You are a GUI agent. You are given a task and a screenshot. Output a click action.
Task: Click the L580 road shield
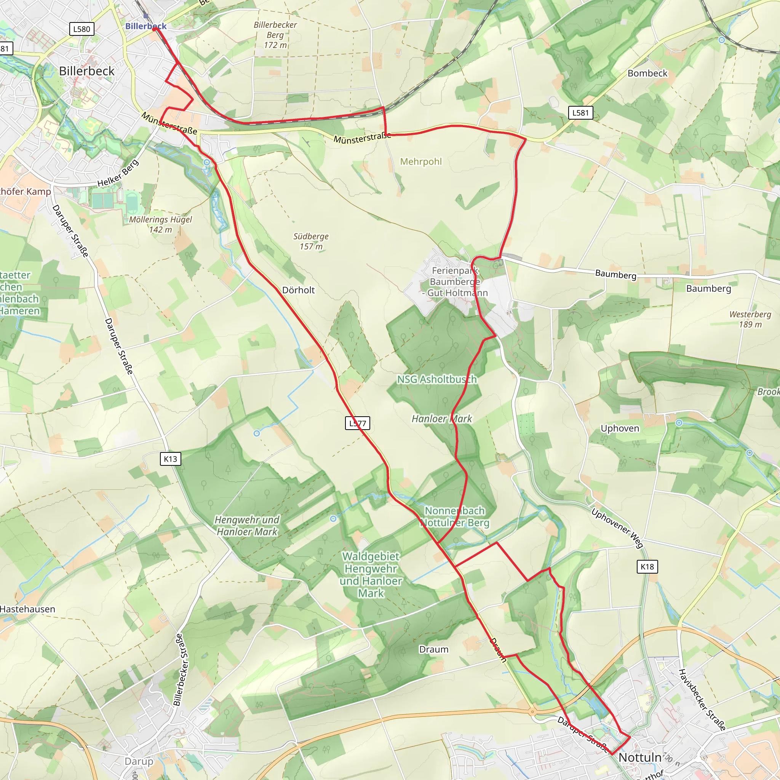coord(82,29)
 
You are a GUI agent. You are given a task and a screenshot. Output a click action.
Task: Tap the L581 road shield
coord(580,113)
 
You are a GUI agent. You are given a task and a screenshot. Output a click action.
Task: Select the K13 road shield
coord(170,459)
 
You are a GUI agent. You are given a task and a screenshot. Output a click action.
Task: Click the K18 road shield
coord(647,566)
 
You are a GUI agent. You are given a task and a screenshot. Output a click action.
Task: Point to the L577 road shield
coord(358,423)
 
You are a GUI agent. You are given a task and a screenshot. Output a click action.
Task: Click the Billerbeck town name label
coord(86,71)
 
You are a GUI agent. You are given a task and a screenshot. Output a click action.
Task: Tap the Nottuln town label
coord(640,758)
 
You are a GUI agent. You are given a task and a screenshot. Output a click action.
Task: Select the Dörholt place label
coord(298,290)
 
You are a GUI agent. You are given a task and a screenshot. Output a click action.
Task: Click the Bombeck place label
coord(647,73)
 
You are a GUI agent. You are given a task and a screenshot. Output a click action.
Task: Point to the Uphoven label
coord(620,428)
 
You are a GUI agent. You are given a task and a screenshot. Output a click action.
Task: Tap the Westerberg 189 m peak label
coord(750,319)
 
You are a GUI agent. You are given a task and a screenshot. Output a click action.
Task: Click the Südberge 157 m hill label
coord(311,241)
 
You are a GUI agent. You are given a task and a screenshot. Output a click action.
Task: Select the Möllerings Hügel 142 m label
coord(161,224)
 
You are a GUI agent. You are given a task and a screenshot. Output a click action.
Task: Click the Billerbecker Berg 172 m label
coord(275,35)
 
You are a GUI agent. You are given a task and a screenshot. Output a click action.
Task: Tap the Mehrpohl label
coord(421,161)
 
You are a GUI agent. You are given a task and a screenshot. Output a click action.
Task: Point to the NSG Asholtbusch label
coord(437,379)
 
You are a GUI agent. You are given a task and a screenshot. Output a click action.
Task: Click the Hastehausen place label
coord(27,609)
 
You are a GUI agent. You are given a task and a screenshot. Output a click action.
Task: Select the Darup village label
coord(139,761)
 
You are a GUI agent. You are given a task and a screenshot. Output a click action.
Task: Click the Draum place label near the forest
coord(433,649)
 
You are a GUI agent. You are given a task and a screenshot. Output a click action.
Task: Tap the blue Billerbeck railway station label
coord(146,26)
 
